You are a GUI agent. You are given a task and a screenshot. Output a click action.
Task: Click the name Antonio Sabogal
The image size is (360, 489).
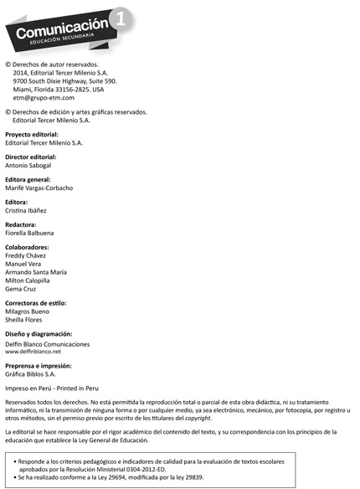(30, 165)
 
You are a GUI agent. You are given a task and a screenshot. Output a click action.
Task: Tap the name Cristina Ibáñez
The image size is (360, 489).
(26, 210)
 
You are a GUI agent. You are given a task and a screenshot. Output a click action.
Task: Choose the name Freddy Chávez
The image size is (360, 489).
(26, 256)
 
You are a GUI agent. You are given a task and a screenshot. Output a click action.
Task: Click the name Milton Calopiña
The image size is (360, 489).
(28, 280)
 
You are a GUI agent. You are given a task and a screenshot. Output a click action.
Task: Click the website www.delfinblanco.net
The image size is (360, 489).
(33, 352)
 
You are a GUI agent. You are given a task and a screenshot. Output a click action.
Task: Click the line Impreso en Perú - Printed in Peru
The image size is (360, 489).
(52, 389)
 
